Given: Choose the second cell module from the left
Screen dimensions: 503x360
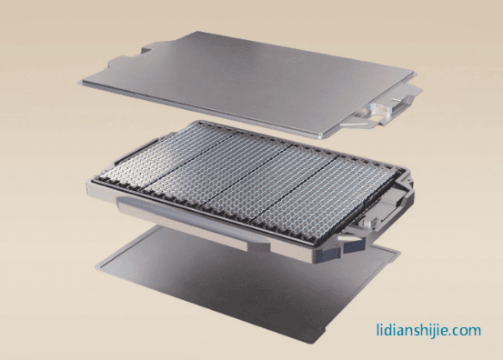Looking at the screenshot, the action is pos(220,173).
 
